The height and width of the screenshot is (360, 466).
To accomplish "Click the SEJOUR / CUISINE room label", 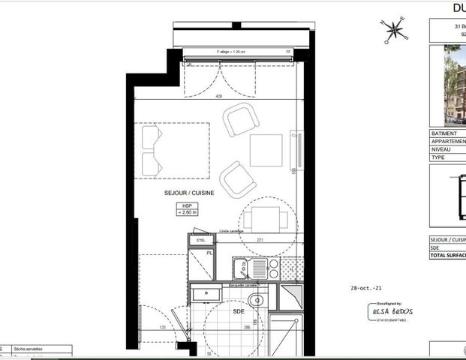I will [189, 193].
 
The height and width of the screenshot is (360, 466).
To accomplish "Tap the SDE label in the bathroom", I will [239, 310].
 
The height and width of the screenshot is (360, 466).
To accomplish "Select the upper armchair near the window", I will [242, 120].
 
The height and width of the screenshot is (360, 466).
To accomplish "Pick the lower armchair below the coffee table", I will [238, 179].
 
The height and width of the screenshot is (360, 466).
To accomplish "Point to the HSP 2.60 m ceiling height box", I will [187, 209].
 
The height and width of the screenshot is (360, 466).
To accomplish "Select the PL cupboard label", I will [210, 254].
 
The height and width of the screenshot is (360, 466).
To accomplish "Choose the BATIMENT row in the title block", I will [447, 133].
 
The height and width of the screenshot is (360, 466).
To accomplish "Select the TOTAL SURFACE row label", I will [447, 256].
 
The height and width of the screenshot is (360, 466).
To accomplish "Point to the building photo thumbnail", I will [455, 85].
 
